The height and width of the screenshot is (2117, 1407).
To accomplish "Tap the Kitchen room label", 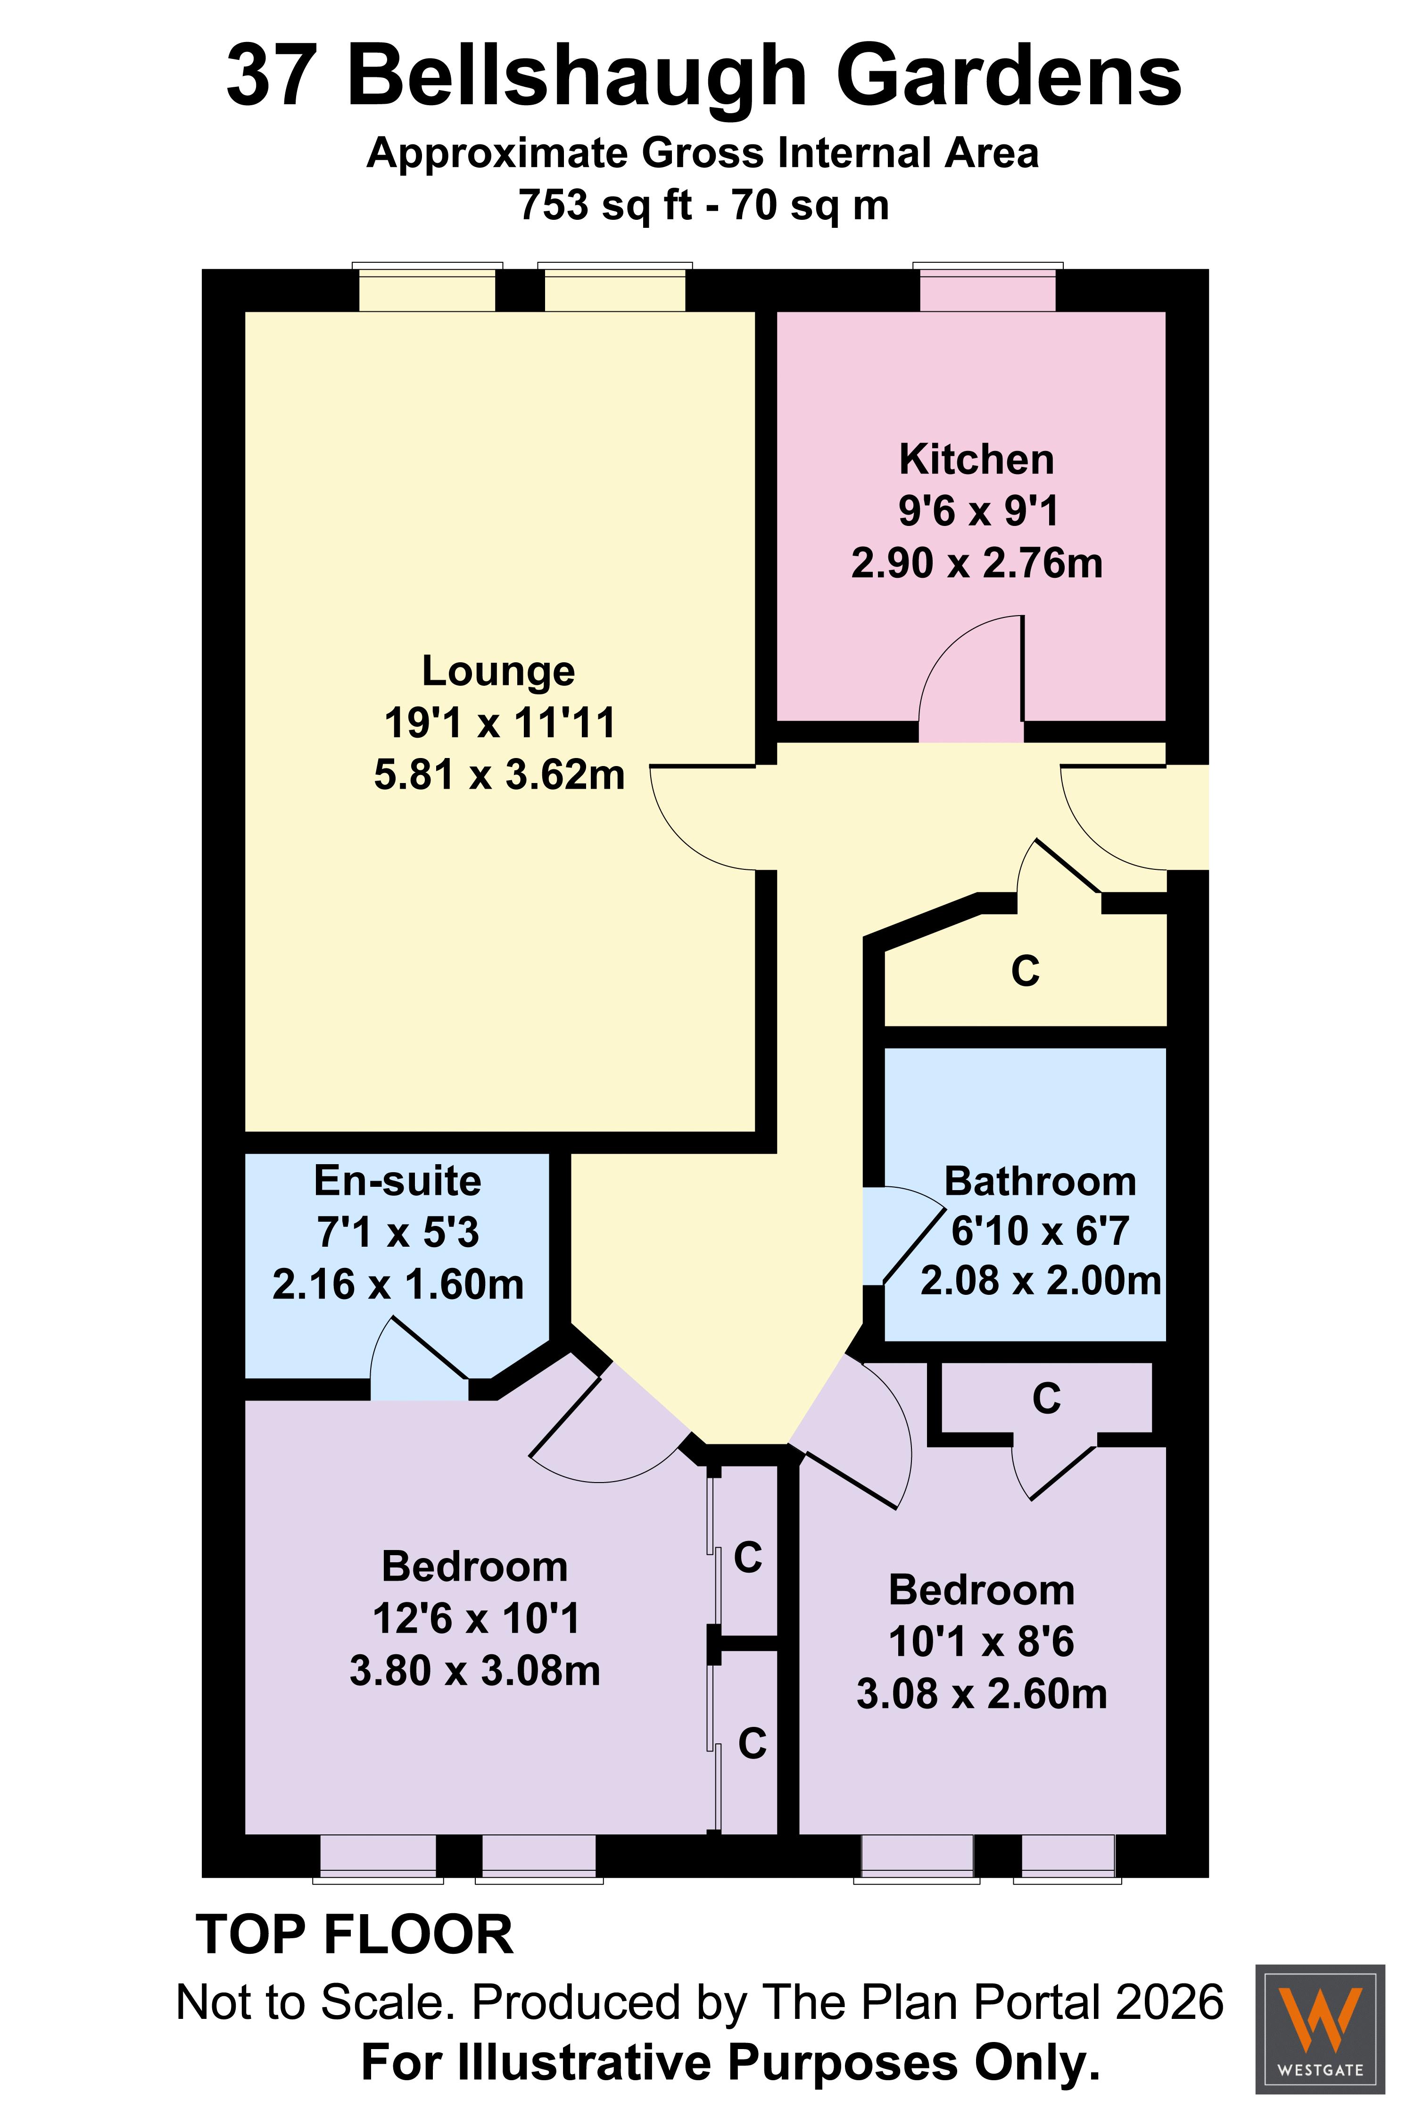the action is (977, 459).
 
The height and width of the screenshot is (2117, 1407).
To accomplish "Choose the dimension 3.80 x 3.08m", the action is (475, 1670).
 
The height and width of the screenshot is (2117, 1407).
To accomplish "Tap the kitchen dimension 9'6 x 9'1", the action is (978, 511).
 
